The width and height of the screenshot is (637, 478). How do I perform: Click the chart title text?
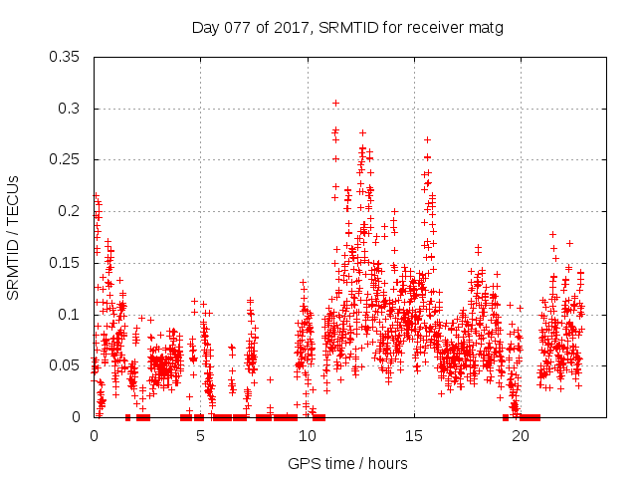[x=347, y=28]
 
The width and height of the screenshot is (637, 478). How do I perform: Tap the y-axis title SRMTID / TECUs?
[x=14, y=236]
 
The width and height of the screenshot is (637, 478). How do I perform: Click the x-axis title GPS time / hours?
[x=347, y=463]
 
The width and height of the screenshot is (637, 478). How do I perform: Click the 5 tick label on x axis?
[x=200, y=435]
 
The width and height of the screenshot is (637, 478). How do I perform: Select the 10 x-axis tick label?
[x=307, y=435]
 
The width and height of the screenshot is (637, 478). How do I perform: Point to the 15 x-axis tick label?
[x=413, y=435]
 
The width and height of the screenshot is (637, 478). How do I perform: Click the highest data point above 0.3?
[x=335, y=103]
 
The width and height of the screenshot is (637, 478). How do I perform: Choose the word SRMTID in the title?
[x=349, y=28]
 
